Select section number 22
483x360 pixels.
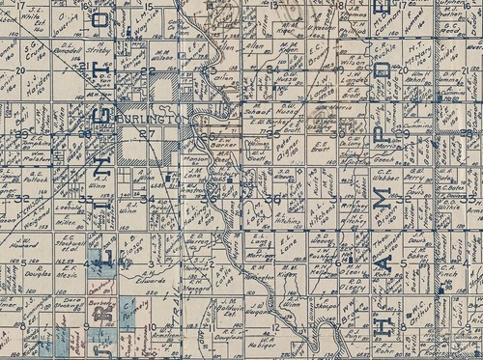[147, 71]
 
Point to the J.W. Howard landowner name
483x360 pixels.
[26, 245]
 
